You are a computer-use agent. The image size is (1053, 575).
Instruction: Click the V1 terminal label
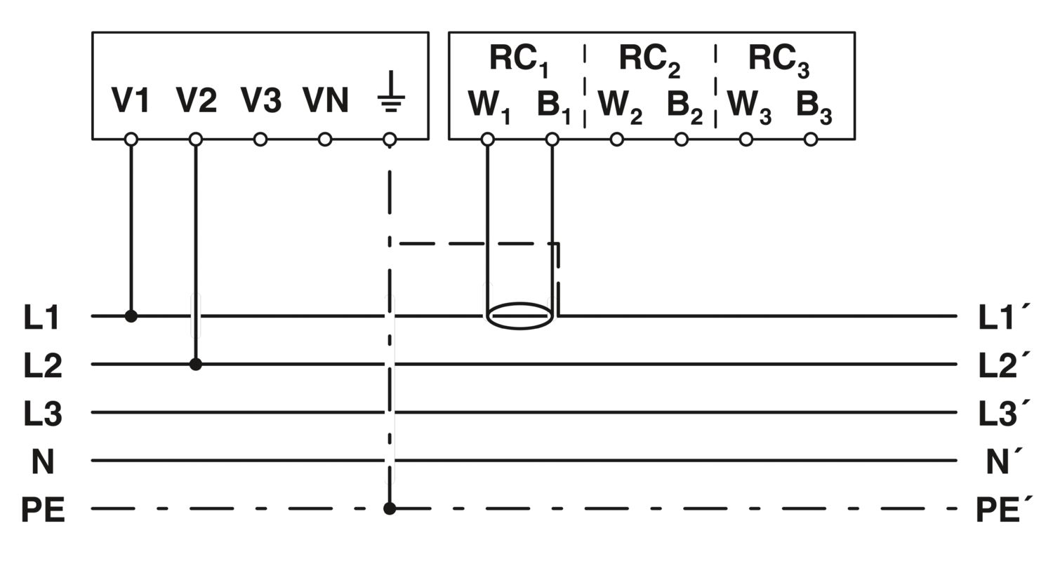coord(131,101)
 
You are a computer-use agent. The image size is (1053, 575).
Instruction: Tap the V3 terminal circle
coord(260,140)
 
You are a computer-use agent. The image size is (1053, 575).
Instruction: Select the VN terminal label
coord(326,101)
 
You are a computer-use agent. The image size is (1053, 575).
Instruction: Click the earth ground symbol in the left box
coord(390,95)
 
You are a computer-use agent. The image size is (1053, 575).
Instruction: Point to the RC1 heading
coord(518,59)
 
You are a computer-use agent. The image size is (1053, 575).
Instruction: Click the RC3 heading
coord(778,59)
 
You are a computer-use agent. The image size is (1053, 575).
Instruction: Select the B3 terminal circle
coord(811,140)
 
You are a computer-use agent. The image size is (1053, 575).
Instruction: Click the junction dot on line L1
coord(131,316)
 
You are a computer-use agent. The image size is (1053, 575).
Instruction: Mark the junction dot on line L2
coord(196,365)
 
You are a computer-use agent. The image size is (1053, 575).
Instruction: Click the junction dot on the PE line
coord(390,508)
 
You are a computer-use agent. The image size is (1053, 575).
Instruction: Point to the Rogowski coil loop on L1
coord(520,316)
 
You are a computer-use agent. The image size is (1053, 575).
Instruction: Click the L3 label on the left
coord(43,414)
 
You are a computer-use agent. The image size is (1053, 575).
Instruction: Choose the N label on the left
coord(43,461)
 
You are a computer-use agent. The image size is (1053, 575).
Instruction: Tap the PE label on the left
coord(43,510)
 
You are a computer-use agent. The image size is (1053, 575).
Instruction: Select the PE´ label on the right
coord(1004,510)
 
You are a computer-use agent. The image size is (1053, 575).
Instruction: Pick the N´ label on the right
coord(1005,461)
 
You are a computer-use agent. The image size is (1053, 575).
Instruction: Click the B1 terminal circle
coord(552,140)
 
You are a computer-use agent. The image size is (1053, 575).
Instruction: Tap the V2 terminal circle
coord(196,140)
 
